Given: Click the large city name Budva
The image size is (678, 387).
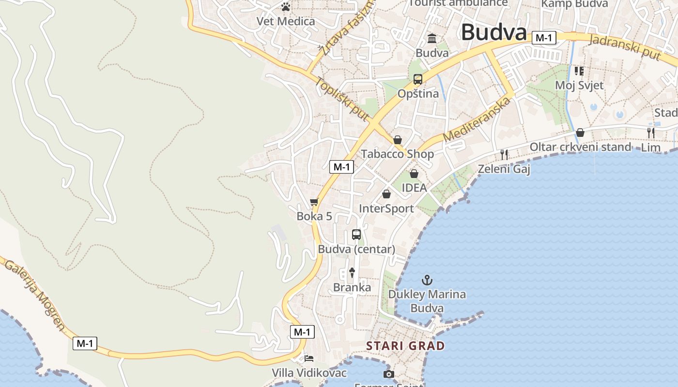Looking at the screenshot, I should coord(493,32).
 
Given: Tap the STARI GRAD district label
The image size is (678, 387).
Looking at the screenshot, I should coord(405,346).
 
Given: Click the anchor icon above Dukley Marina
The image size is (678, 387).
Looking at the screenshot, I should coord(427,280).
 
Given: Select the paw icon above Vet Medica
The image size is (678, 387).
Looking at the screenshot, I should coord(286,7).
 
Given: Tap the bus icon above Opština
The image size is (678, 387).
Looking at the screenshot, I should coord(417,79).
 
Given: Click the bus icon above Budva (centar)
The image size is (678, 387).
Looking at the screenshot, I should coord(356,235).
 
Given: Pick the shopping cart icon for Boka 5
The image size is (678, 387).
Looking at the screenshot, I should coord(314,202).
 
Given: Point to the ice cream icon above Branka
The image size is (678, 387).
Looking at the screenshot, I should coord(352,273).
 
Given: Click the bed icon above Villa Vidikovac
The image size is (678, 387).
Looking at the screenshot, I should coord(309,358).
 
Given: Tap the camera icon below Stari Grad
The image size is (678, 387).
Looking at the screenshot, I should coord(388,374).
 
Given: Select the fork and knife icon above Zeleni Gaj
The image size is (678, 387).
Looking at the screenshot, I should coord(504,154).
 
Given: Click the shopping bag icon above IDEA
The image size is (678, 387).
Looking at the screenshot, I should coord(414,174).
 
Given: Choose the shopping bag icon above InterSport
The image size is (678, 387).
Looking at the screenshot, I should coord(386,194).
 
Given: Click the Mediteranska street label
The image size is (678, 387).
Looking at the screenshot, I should coord(477,119).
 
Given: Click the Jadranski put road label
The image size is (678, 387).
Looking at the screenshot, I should coord(625,47).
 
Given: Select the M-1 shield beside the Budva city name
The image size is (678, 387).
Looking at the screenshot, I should coord(543,38).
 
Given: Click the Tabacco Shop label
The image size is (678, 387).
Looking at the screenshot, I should coord(397,154).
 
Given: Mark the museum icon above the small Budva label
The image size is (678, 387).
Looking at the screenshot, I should coord(432,38).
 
